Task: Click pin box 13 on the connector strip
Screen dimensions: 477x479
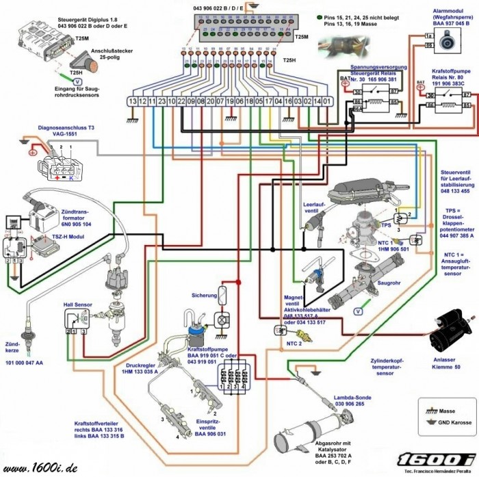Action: coord(132,101)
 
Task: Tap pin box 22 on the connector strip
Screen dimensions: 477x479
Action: coord(181,101)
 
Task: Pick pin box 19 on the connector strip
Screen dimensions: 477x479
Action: coord(230,101)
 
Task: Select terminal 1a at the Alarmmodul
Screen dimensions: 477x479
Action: coord(428,34)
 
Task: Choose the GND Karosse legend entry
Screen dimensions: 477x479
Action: coord(452,423)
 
